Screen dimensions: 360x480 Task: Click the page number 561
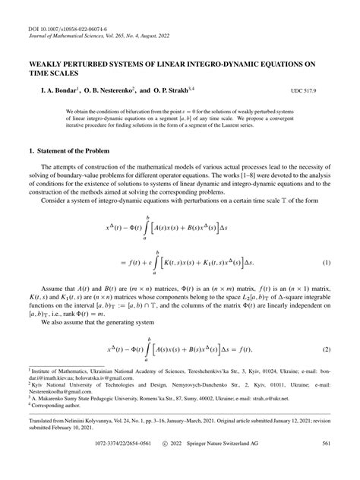(x=324, y=465)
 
